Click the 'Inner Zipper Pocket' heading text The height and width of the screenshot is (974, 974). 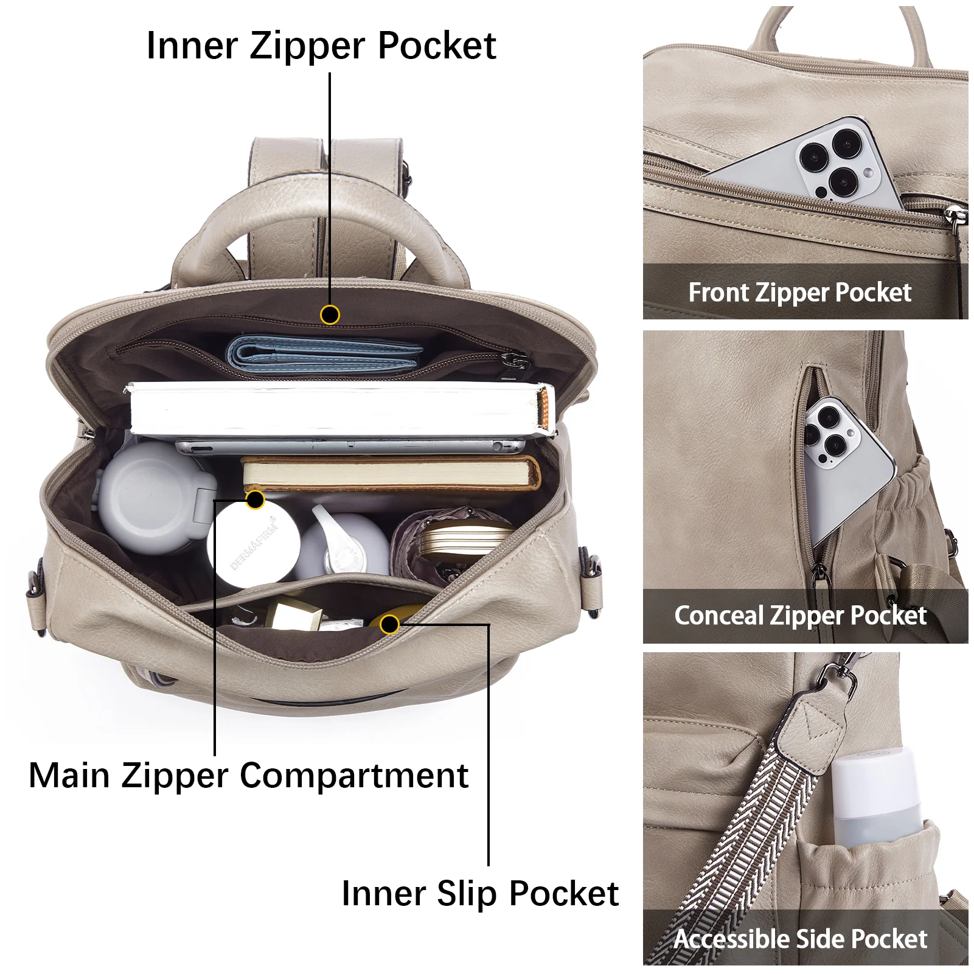(x=321, y=46)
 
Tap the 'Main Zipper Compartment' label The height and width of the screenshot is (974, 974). (x=248, y=776)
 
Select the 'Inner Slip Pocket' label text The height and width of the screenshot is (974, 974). (x=480, y=894)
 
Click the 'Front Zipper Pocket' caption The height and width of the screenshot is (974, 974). (x=799, y=293)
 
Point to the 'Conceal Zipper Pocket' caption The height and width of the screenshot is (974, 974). (x=800, y=616)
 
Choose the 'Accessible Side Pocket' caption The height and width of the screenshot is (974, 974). (x=800, y=939)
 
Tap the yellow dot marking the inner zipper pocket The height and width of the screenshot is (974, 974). (x=330, y=315)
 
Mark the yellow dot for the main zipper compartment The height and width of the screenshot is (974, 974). (x=256, y=500)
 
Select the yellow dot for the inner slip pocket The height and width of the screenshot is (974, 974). (x=389, y=624)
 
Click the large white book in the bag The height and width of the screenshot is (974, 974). (x=341, y=409)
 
